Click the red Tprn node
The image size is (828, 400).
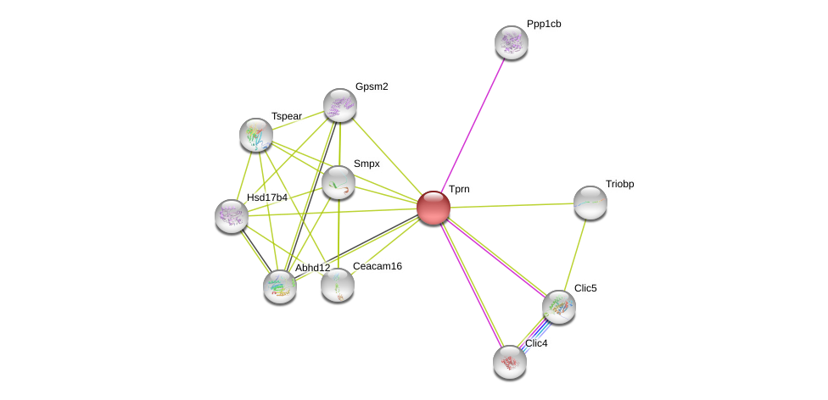433,208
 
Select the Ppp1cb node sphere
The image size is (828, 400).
511,42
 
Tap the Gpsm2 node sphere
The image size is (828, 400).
339,105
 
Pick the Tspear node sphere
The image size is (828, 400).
255,135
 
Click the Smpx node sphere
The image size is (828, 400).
338,182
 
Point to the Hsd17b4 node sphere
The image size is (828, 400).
231,216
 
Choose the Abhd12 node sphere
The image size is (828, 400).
279,286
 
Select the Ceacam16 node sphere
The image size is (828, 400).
337,285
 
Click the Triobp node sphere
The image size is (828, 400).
590,203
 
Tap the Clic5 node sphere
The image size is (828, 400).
558,307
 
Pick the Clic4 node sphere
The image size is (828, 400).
509,362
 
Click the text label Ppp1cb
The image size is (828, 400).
544,24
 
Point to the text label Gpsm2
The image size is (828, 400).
372,86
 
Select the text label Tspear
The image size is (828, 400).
287,116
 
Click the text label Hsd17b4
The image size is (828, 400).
266,197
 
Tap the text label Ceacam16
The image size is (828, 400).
378,266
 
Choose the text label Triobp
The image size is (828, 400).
619,184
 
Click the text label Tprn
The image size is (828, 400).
459,189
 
